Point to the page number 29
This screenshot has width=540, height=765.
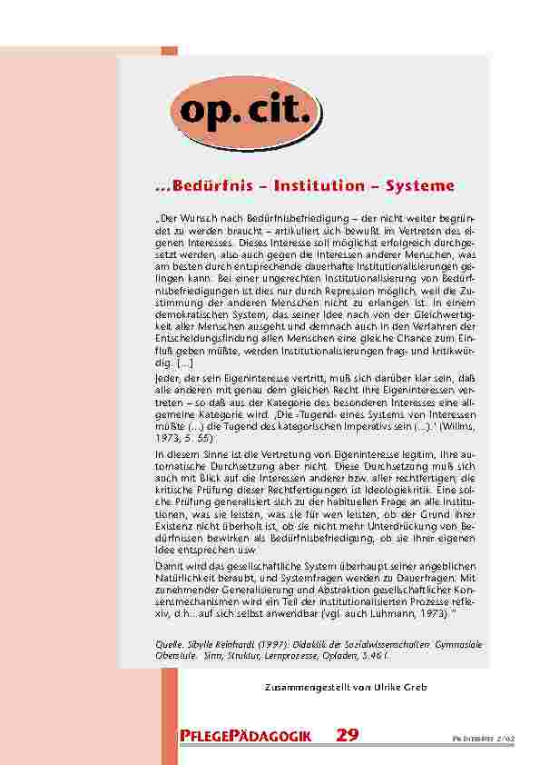(348, 735)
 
